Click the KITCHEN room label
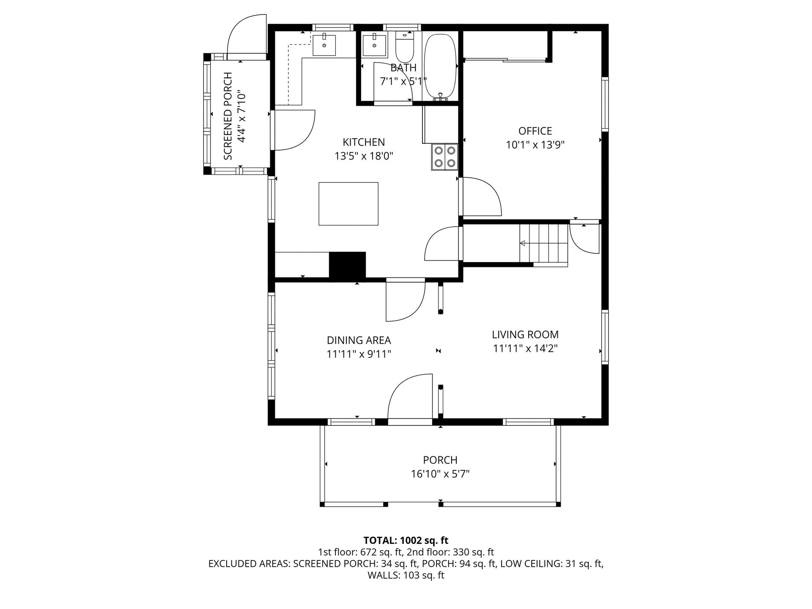pyautogui.click(x=364, y=142)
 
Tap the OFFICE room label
pyautogui.click(x=535, y=131)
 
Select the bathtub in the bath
pyautogui.click(x=440, y=67)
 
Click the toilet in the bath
pyautogui.click(x=405, y=48)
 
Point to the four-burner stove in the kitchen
pyautogui.click(x=445, y=156)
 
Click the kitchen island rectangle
pyautogui.click(x=348, y=204)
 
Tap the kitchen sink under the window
pyautogui.click(x=324, y=45)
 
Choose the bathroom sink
pyautogui.click(x=374, y=45)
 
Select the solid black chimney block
pyautogui.click(x=347, y=265)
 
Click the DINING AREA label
pyautogui.click(x=359, y=340)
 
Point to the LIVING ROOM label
pyautogui.click(x=525, y=335)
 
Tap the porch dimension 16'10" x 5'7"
pyautogui.click(x=440, y=474)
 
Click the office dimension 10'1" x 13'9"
pyautogui.click(x=535, y=145)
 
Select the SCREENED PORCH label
pyautogui.click(x=228, y=116)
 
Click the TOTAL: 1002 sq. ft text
pyautogui.click(x=406, y=540)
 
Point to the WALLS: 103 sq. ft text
pyautogui.click(x=406, y=575)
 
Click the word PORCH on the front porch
pyautogui.click(x=440, y=460)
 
